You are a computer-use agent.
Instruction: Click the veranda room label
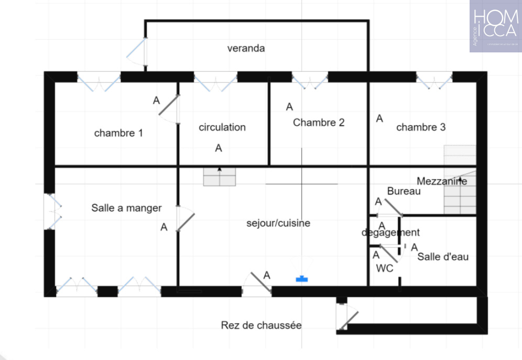[246, 49]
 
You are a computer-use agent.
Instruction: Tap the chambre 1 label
[118, 133]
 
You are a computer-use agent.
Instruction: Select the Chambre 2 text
[319, 123]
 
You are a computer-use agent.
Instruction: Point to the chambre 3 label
[421, 127]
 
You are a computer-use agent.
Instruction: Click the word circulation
[222, 127]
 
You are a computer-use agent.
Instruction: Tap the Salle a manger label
[126, 208]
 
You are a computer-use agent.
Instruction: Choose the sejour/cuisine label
[278, 223]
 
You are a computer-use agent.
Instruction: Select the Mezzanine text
[442, 181]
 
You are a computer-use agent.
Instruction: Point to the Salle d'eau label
[443, 257]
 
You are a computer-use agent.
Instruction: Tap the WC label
[385, 268]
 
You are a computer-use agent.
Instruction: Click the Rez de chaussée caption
[261, 325]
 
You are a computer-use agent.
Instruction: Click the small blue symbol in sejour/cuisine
[302, 279]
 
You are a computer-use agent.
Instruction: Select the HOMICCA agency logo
[495, 26]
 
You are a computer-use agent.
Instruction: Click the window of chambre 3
[434, 80]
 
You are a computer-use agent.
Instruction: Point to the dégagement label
[390, 232]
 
